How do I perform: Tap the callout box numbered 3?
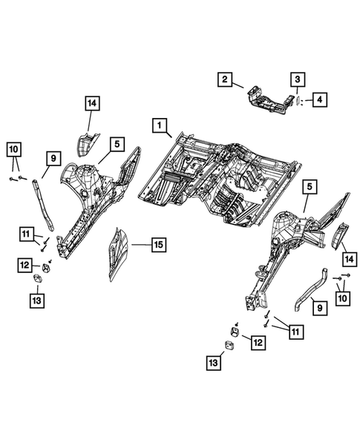coord(296,79)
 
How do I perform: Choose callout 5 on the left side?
coord(117,144)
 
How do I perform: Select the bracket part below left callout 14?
coord(87,144)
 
